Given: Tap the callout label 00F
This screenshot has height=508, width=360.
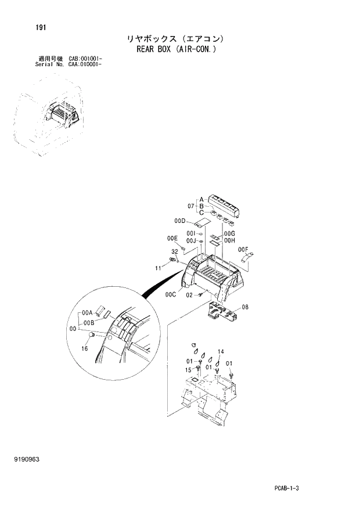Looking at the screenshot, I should pyautogui.click(x=244, y=249).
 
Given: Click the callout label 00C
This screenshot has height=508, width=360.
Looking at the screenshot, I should pyautogui.click(x=170, y=294).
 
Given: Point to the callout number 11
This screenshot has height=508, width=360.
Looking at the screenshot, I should pyautogui.click(x=157, y=268).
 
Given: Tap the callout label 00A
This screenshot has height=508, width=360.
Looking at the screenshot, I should pyautogui.click(x=88, y=312).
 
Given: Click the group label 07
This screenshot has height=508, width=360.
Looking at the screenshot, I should pyautogui.click(x=190, y=206).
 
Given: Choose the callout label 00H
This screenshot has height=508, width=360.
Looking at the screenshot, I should pyautogui.click(x=229, y=240).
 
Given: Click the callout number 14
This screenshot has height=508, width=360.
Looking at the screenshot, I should pyautogui.click(x=221, y=352).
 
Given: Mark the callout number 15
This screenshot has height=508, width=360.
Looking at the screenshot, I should pyautogui.click(x=189, y=369).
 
